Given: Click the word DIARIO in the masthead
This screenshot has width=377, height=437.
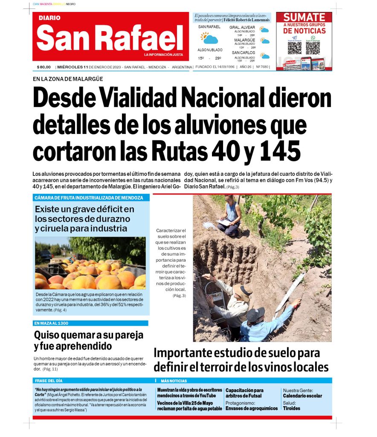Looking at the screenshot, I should click(49, 18).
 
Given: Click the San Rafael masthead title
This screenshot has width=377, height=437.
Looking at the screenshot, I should click(110, 38).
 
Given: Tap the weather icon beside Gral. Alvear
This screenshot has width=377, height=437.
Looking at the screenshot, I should click(265, 30).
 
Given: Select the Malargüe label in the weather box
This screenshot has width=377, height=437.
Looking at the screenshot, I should click(244, 40).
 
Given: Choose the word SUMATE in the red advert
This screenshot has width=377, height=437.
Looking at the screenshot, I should click(304, 17).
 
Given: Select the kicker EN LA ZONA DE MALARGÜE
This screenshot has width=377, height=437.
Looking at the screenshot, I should click(68, 79).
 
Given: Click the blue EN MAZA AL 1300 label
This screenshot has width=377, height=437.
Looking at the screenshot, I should click(51, 323).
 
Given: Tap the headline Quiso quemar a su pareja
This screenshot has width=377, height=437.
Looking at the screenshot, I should click(89, 335).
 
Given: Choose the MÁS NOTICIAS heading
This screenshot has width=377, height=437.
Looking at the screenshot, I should click(174, 381).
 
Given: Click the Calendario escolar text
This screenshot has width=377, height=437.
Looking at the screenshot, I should click(302, 396).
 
